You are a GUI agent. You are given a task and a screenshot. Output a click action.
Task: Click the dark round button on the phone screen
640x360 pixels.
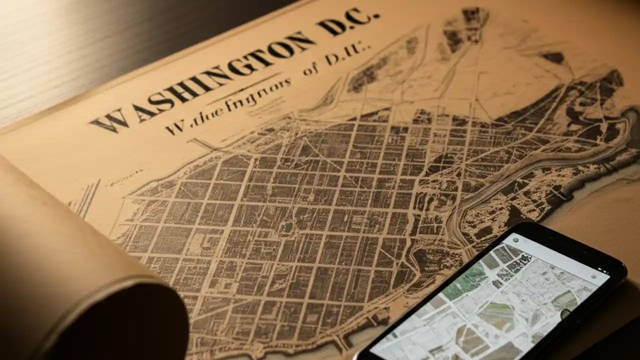[565, 313]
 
